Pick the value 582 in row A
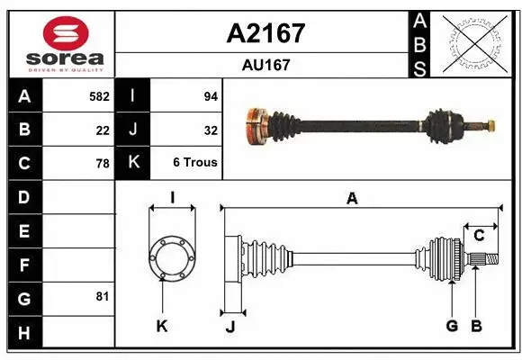[x=99, y=96]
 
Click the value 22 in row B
[x=103, y=130]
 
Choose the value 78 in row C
[x=103, y=164]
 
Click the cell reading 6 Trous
[x=195, y=163]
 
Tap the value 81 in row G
[x=102, y=296]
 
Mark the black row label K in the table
[x=133, y=163]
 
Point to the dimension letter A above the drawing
[x=352, y=199]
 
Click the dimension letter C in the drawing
[x=479, y=235]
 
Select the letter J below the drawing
[x=230, y=327]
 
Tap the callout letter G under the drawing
[x=452, y=326]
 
